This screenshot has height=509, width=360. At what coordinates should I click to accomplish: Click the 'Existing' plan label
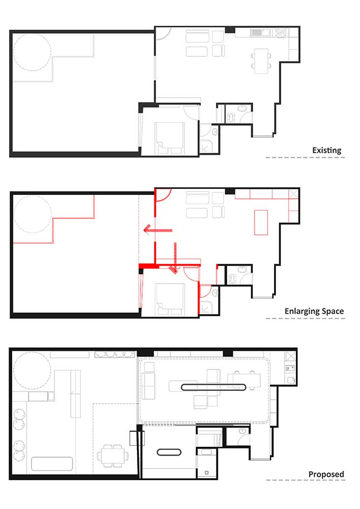coord(326,150)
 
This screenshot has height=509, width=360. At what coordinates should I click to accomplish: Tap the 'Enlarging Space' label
coord(314,312)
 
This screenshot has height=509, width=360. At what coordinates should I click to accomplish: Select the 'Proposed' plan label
coord(326,474)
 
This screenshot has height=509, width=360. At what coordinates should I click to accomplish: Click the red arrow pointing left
coord(158,230)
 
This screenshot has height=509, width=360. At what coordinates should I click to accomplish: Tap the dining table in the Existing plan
coord(261,61)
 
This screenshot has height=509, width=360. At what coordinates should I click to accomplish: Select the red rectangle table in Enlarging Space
coord(261,222)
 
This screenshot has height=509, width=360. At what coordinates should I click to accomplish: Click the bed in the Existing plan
coord(170,138)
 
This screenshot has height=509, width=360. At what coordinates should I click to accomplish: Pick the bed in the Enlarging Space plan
coord(170,299)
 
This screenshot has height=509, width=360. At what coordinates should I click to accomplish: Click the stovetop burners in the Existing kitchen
coord(280,33)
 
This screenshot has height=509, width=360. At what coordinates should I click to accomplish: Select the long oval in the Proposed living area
coord(213,387)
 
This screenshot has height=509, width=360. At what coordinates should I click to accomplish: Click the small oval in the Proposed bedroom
coord(169,452)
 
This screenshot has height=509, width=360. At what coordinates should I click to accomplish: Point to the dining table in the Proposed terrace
coord(113,456)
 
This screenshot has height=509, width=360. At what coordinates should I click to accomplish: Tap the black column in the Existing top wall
coord(230,30)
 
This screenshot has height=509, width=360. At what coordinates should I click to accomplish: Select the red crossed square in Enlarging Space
coord(293,194)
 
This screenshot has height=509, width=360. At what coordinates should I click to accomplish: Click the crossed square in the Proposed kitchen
coord(291,356)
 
